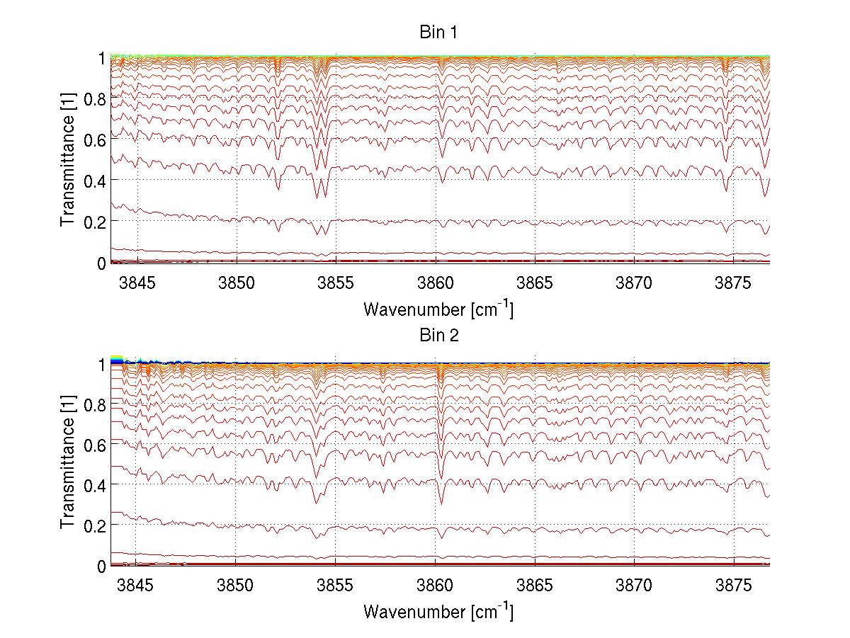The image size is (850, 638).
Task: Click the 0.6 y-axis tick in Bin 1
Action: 95,140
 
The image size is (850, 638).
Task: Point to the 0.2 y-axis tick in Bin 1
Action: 95,222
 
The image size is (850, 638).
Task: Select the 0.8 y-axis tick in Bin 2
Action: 95,404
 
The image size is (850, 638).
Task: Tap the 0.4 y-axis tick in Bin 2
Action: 95,485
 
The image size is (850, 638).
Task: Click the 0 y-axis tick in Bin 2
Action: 101,566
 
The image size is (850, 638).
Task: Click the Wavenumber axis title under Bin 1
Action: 438,309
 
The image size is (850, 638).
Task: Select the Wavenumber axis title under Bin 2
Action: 438,611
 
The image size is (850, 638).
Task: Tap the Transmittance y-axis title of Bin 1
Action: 67,160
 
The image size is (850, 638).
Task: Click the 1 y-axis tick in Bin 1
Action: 101,58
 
